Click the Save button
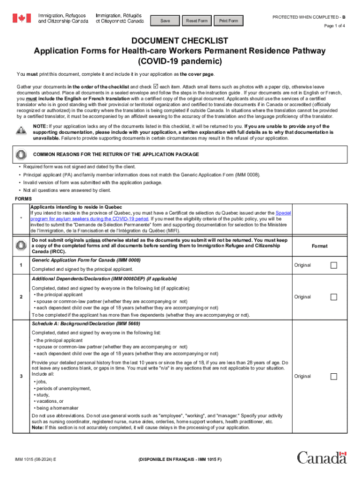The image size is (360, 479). point(165,21)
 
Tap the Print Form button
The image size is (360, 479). point(229,21)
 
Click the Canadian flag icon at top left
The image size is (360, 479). point(21,18)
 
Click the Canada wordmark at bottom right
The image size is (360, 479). point(322,457)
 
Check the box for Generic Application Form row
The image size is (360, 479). point(334,265)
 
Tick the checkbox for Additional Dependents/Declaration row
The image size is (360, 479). point(334,297)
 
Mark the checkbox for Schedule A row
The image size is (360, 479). point(334,377)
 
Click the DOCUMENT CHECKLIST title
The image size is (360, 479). point(180,41)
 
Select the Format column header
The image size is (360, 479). point(320,246)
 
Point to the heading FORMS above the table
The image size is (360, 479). point(23,198)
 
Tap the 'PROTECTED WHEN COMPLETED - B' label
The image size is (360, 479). point(309,17)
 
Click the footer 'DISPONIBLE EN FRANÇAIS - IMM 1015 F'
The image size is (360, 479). point(180,460)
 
